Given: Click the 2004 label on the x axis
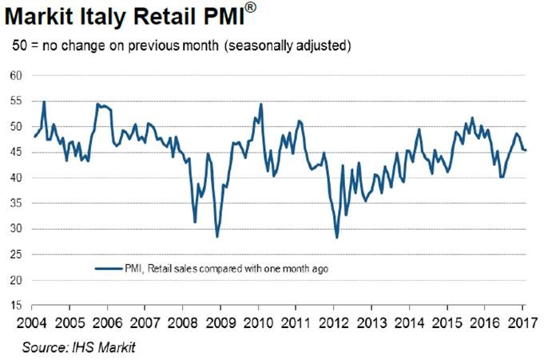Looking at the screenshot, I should [32, 322].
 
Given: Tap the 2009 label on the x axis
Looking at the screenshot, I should [220, 322].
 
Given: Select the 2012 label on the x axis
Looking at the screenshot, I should [333, 322].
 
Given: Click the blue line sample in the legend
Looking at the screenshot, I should [108, 269].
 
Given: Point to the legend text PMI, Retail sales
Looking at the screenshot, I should [160, 269].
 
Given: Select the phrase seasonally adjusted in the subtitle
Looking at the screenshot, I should [296, 45].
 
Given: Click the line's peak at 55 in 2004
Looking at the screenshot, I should [44, 101].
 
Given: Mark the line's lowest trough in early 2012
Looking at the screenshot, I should [337, 237].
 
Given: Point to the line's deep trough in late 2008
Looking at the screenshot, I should [216, 236].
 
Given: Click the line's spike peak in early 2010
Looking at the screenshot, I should [260, 104].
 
